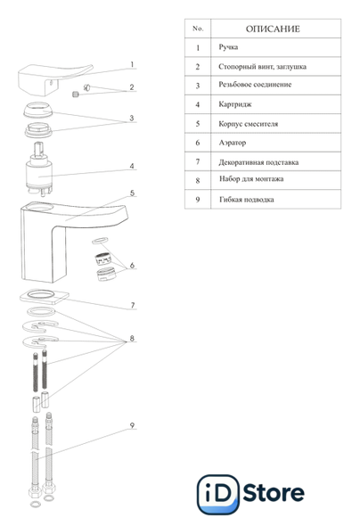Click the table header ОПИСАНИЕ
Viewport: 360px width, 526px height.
point(273,29)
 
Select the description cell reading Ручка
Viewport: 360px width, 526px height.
point(228,47)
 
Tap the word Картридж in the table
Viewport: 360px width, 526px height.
point(235,104)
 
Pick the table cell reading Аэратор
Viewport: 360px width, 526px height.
point(233,143)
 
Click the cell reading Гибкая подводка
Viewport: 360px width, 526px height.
point(247,200)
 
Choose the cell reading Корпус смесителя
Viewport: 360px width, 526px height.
point(249,124)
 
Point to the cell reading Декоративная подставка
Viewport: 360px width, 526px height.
point(258,162)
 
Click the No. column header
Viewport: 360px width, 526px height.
point(198,29)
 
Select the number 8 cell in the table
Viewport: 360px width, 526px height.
point(198,180)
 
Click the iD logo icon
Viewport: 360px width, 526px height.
point(218,494)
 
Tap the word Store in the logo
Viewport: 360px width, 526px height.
point(274,492)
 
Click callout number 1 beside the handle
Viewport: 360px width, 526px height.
point(132,64)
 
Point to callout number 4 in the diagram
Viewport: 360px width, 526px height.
point(132,166)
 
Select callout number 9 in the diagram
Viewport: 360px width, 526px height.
point(132,425)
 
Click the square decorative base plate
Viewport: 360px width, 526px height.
point(45,297)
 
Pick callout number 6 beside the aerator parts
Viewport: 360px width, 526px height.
point(132,266)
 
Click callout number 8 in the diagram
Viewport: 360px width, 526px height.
point(132,338)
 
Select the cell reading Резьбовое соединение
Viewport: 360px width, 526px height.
point(255,85)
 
